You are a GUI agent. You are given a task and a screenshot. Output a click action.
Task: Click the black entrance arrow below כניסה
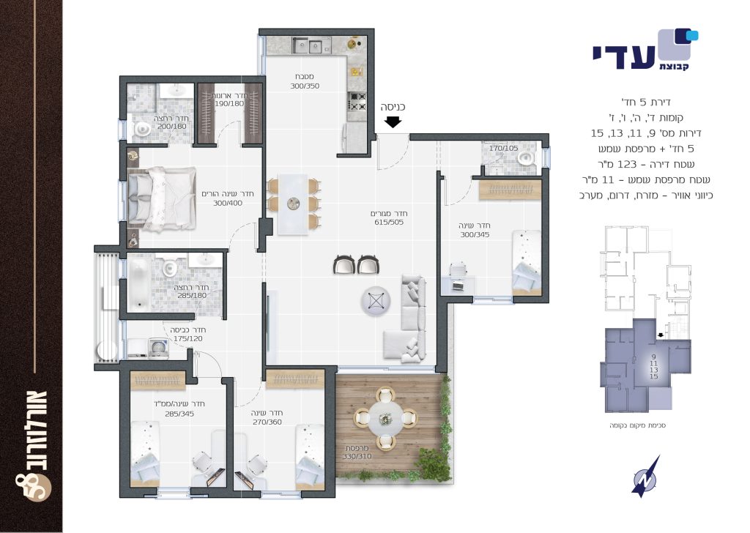[393, 122]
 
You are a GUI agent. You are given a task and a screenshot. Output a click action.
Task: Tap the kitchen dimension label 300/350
[305, 86]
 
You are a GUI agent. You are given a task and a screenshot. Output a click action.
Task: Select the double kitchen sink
[308, 46]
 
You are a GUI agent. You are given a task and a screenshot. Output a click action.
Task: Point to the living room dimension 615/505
[389, 223]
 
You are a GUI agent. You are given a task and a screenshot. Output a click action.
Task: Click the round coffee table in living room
[376, 301]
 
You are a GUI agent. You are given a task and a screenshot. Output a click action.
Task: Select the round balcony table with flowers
[385, 418]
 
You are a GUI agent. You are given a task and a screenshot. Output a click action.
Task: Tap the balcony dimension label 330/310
[357, 457]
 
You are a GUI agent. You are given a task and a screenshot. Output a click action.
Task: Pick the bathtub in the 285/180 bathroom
[139, 283]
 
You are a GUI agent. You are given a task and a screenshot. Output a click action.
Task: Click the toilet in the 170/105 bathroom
[527, 157]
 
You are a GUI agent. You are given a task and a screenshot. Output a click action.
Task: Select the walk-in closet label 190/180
[229, 103]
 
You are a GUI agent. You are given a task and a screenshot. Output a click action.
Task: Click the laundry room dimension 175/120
[188, 338]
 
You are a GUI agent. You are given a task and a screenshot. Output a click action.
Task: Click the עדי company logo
[646, 51]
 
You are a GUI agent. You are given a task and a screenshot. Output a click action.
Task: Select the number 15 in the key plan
[654, 376]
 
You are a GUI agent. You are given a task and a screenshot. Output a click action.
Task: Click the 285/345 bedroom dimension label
[179, 414]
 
